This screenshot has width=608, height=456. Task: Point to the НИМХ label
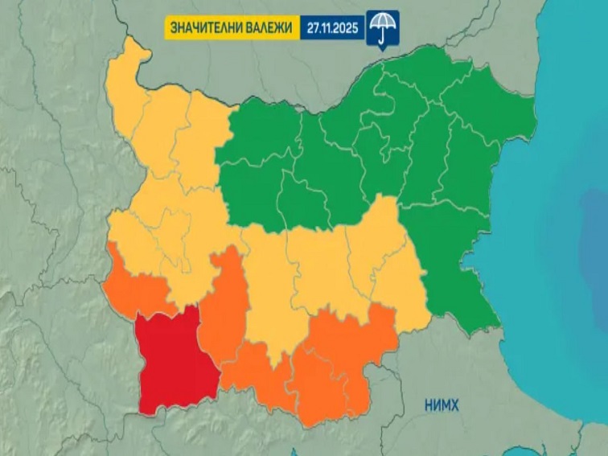[x=442, y=406]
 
